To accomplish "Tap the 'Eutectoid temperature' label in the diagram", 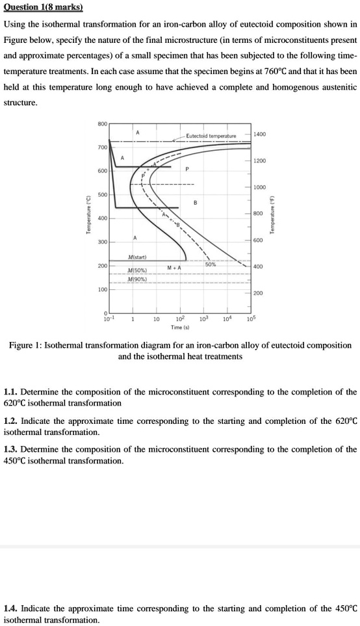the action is (x=211, y=136).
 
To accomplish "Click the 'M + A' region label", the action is (x=174, y=267).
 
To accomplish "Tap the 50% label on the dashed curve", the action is (x=211, y=264).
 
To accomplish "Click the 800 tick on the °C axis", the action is (x=102, y=123).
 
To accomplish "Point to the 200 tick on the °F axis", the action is (x=257, y=293).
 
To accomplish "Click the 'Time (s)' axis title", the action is (x=181, y=328).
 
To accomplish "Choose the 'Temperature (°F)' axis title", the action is (x=274, y=215).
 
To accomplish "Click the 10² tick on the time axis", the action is (x=180, y=319).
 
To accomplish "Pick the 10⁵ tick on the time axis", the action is (x=250, y=319).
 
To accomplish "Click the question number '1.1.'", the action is (x=11, y=392).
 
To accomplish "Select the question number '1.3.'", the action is (x=11, y=449).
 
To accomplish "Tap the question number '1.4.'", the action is (x=11, y=608).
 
